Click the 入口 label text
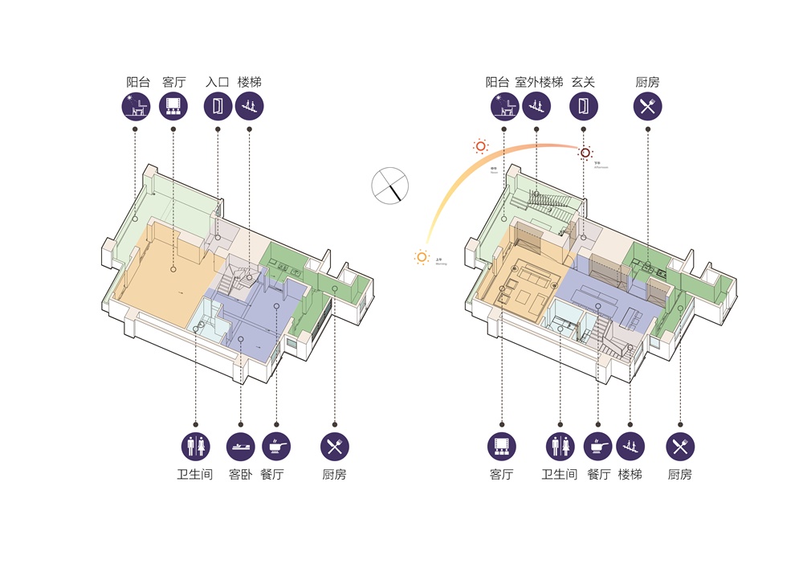pos(218,82)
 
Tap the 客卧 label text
pos(240,475)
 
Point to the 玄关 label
pos(583,82)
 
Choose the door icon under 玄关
pos(584,106)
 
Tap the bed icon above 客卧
pos(240,446)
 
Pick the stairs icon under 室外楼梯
pos(536,106)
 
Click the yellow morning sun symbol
pos(422,257)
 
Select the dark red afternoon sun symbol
pos(586,153)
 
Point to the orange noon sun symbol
pos(480,146)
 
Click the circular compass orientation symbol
pos(389,185)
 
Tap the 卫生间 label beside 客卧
pos(195,475)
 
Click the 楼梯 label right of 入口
pos(250,82)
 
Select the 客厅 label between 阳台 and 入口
pos(173,82)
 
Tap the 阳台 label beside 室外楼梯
pos(498,82)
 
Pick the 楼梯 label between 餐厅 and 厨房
pos(630,475)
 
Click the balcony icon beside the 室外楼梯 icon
pos(504,106)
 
